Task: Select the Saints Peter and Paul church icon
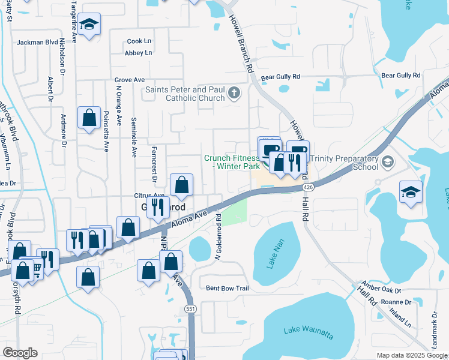[234, 93]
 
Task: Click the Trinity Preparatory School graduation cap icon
[387, 161]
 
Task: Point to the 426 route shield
[308, 187]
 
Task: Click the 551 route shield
[190, 308]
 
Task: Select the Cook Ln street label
[139, 41]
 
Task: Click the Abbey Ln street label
[139, 53]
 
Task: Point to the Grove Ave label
[130, 80]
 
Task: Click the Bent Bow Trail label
[227, 288]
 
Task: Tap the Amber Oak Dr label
[376, 287]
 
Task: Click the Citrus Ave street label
[149, 196]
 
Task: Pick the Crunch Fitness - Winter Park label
[232, 162]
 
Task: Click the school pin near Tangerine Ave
[89, 25]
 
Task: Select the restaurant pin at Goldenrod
[157, 207]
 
